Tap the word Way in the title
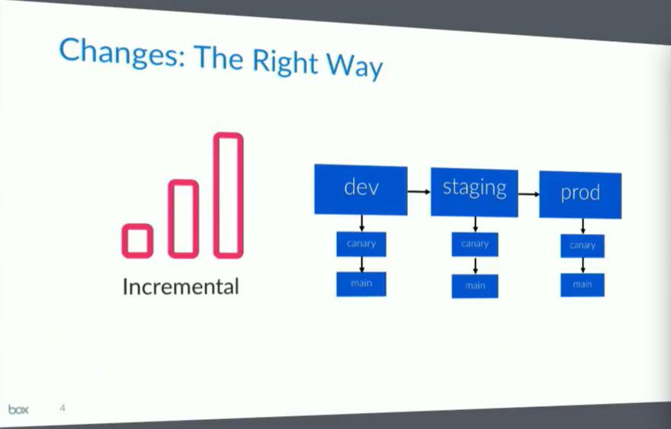click(x=355, y=66)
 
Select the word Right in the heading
click(x=285, y=61)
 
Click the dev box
click(x=361, y=189)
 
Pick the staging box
click(x=474, y=192)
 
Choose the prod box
click(x=580, y=194)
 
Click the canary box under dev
click(x=361, y=245)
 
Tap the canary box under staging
click(x=475, y=245)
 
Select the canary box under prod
click(x=583, y=246)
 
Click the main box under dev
click(x=361, y=284)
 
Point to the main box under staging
click(x=475, y=286)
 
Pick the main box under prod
click(x=583, y=285)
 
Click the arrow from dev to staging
click(x=419, y=191)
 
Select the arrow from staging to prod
click(x=528, y=194)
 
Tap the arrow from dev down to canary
click(x=361, y=223)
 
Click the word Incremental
click(x=181, y=287)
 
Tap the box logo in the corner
click(x=18, y=409)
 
